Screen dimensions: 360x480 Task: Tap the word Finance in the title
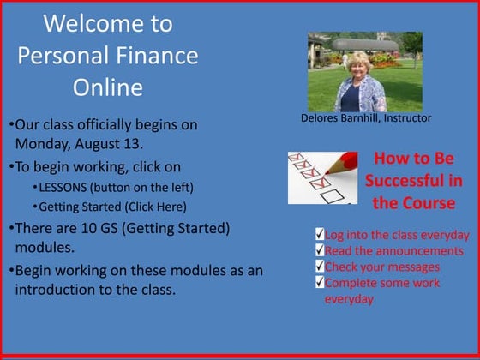pyautogui.click(x=156, y=56)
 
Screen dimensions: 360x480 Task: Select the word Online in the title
pyautogui.click(x=107, y=87)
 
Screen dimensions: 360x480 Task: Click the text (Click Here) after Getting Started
pyautogui.click(x=156, y=207)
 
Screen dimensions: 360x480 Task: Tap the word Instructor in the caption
pyautogui.click(x=404, y=118)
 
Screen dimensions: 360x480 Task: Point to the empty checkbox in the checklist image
pyautogui.click(x=326, y=195)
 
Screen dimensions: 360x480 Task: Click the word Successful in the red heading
pyautogui.click(x=414, y=181)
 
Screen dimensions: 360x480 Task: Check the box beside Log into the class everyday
pyautogui.click(x=319, y=235)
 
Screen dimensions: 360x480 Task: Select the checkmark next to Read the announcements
pyautogui.click(x=319, y=250)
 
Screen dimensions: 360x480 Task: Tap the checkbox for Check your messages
pyautogui.click(x=319, y=267)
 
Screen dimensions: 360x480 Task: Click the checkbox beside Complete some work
pyautogui.click(x=319, y=283)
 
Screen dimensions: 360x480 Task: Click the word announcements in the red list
pyautogui.click(x=409, y=250)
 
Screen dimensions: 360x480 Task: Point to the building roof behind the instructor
pyautogui.click(x=364, y=42)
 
